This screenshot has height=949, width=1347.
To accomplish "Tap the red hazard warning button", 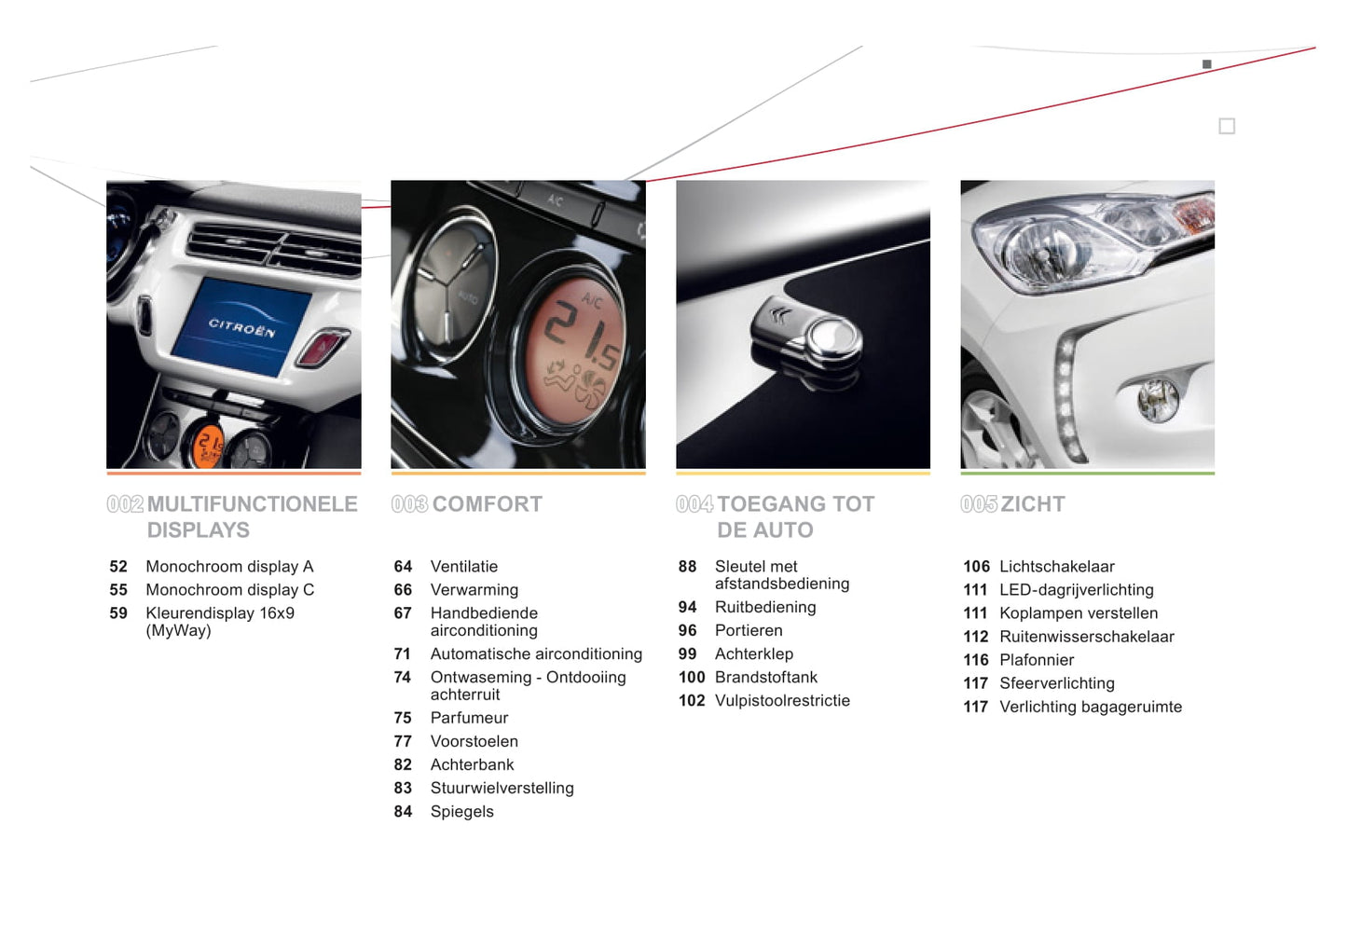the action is [x=323, y=347].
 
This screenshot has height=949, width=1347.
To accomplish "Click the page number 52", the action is [x=118, y=567].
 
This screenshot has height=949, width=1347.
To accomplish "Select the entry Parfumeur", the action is [x=469, y=718].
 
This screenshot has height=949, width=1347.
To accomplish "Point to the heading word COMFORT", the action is [x=488, y=504].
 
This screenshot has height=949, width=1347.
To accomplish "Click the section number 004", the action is [x=694, y=504].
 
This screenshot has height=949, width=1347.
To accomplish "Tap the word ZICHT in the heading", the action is [x=1033, y=504].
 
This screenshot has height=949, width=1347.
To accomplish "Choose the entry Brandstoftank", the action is [x=766, y=678].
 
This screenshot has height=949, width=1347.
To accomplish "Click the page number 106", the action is [x=976, y=567].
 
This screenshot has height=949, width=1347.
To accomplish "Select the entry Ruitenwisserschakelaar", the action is [x=1087, y=637].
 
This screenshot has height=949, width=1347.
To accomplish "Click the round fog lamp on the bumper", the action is [x=1157, y=399].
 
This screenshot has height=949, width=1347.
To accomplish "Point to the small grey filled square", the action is [x=1207, y=64].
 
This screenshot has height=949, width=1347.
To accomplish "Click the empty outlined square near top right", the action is [x=1227, y=126].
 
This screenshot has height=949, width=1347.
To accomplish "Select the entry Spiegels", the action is [x=461, y=812].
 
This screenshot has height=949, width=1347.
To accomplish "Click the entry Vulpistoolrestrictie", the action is [x=782, y=701].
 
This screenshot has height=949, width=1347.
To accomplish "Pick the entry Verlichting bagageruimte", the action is [x=1091, y=708].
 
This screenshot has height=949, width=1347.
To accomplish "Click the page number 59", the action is [x=118, y=613].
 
